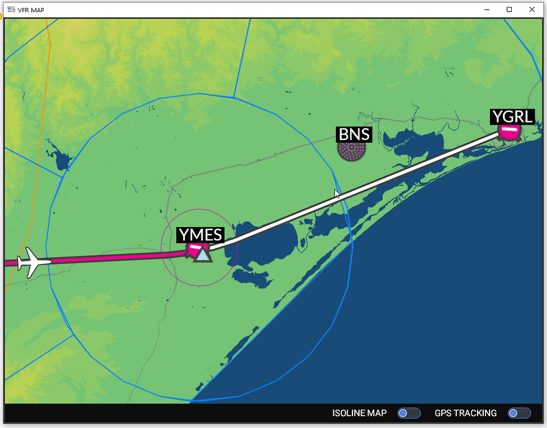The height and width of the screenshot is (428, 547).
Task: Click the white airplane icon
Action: tap(33, 262)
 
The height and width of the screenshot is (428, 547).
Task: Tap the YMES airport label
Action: tap(200, 235)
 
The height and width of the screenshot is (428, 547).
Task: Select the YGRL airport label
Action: tap(512, 116)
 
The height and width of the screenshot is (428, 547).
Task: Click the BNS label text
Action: tap(354, 134)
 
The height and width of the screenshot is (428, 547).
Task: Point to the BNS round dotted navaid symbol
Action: tap(352, 150)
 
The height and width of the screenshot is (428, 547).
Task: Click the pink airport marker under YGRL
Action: tap(510, 131)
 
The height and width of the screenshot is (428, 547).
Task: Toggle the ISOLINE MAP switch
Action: tap(409, 413)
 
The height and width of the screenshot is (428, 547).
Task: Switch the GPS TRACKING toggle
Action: tap(519, 413)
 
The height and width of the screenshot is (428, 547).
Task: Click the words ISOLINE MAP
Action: tap(359, 413)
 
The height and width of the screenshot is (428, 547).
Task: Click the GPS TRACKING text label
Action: tap(465, 413)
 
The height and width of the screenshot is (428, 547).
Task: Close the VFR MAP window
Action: tap(532, 9)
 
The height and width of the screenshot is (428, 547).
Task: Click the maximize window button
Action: tap(509, 9)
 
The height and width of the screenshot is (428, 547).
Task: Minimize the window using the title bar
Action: tap(487, 9)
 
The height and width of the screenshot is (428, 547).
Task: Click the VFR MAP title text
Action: tap(31, 10)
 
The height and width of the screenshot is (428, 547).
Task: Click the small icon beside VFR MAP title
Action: tap(11, 10)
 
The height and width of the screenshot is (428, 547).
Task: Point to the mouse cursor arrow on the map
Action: tap(337, 194)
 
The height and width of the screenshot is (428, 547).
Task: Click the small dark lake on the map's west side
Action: tap(62, 160)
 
